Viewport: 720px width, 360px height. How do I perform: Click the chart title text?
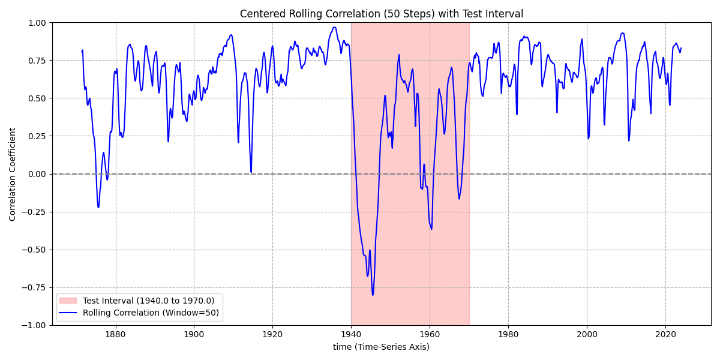[381, 14]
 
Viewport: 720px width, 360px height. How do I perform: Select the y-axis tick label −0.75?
[34, 287]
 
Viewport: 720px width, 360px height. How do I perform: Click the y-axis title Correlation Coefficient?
[13, 174]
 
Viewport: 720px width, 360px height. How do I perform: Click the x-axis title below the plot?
[381, 347]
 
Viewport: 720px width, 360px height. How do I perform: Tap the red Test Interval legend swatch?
[69, 301]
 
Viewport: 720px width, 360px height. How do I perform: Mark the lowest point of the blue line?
[373, 295]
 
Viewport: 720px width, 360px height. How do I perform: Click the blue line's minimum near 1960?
[431, 229]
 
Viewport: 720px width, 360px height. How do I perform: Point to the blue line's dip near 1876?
[98, 208]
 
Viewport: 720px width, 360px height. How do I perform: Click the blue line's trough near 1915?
[251, 172]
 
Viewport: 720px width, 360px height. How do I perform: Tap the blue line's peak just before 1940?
[334, 27]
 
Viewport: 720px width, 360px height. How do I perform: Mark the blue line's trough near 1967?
[459, 199]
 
